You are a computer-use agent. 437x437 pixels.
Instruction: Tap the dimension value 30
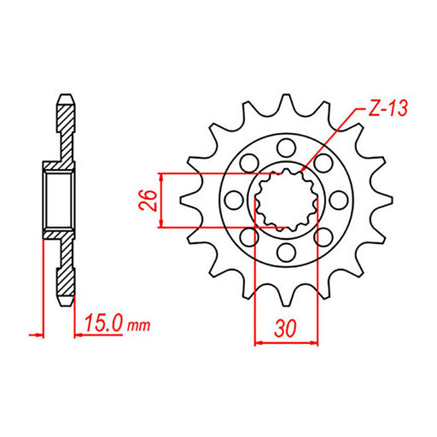(x=287, y=327)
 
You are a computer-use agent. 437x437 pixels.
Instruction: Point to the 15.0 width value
(x=105, y=323)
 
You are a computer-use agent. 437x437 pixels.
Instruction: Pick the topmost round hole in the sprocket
(x=287, y=146)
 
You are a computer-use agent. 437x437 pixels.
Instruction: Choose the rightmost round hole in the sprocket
(x=340, y=199)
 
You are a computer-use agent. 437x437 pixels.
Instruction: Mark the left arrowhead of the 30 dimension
(x=259, y=342)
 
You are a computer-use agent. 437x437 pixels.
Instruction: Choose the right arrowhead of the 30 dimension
(x=316, y=342)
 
